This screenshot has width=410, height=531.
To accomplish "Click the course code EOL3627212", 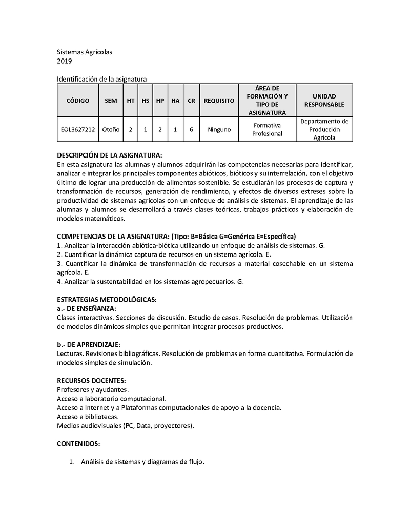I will coord(77,130).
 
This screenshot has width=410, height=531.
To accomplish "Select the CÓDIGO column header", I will coord(77,101).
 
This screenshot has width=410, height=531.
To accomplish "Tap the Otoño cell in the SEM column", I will coord(111,130).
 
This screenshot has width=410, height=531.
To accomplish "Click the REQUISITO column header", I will coord(219,101).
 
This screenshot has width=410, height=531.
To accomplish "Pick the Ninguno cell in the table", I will coord(219,130).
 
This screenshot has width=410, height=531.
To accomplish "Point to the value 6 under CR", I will coord(191,130).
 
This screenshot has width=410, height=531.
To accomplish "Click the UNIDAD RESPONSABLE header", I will coord(324,101).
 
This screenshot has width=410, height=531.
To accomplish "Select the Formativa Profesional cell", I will coord(267,130).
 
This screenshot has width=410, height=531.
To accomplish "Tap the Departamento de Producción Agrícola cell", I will coord(324,130).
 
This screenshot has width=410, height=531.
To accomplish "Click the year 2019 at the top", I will coord(64,61).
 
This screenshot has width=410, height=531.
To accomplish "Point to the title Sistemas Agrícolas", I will coord(84,52).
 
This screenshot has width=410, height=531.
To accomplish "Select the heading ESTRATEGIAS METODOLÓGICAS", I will coord(107,299).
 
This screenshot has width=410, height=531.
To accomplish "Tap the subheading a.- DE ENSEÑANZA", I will coord(86,308).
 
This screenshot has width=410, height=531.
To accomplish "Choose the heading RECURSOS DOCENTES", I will coord(91,380).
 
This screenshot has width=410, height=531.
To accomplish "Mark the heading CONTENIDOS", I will coord(78,443).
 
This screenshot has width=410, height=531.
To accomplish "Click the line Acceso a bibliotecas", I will coord(88,417).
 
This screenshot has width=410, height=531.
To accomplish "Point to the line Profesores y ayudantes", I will coord(93,390).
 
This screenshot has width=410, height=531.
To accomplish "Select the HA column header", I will coord(175,101).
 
